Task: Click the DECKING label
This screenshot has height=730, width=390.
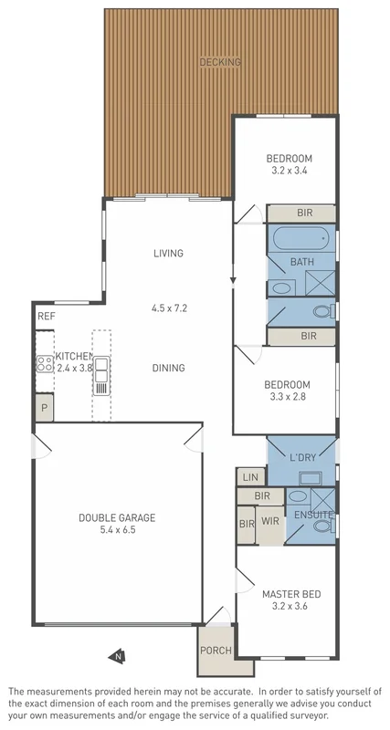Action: click(x=220, y=62)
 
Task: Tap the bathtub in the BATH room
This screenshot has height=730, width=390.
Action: click(x=301, y=240)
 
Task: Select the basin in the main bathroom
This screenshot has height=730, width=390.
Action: click(x=282, y=287)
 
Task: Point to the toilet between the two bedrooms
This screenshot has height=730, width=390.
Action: click(x=321, y=312)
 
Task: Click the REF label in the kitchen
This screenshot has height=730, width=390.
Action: click(x=46, y=316)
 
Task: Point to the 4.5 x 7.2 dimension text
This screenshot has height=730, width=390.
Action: click(x=169, y=308)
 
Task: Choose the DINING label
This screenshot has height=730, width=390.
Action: click(x=168, y=368)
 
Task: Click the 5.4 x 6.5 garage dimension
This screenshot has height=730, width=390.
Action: click(x=117, y=530)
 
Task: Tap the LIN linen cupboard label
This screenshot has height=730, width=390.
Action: click(x=248, y=476)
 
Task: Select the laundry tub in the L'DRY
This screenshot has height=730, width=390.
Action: click(x=311, y=477)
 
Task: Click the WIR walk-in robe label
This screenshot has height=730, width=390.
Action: click(x=270, y=521)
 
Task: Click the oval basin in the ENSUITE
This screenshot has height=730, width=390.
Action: click(x=298, y=497)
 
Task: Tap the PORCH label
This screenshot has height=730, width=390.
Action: click(x=215, y=651)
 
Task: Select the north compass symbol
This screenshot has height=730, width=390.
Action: click(x=117, y=654)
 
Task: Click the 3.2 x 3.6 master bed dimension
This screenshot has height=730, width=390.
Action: click(x=290, y=608)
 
